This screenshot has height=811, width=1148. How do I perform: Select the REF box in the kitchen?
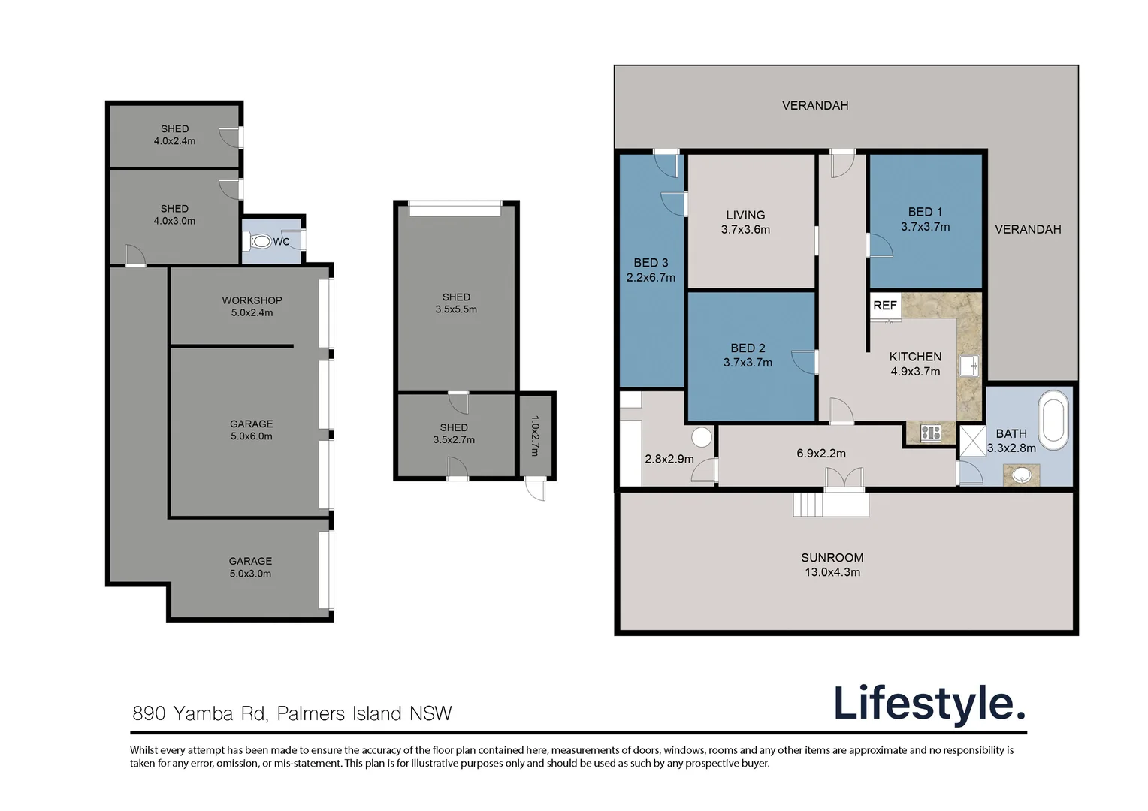[885, 306]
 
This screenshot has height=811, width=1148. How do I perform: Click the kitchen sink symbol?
[968, 366]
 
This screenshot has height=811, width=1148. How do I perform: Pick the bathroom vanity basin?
[1022, 475]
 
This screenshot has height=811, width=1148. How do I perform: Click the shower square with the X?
[972, 441]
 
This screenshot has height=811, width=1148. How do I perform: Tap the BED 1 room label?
[925, 212]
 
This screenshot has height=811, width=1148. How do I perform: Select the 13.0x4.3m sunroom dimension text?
[832, 572]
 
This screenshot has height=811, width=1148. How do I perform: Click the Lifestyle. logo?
[929, 704]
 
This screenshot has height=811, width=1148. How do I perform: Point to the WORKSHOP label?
[252, 300]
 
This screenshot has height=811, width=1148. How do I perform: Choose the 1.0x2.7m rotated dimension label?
[535, 436]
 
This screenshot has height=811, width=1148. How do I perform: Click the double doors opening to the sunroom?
[844, 480]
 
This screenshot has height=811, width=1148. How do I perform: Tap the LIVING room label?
[745, 216]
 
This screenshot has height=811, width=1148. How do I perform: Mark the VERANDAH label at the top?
[815, 106]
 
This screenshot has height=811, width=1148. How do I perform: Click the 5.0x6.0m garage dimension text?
[251, 436]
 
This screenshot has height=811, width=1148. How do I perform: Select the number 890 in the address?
[149, 713]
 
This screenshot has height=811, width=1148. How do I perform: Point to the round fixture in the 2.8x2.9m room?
[702, 437]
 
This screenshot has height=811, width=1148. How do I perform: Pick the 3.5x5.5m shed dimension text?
[456, 309]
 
